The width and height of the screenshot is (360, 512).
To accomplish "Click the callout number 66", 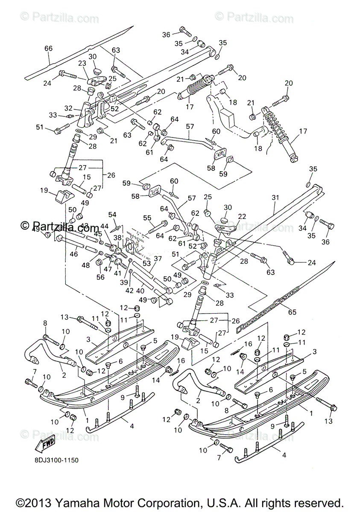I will coord(48,49).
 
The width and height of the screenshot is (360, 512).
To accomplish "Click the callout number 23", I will coord(82,63).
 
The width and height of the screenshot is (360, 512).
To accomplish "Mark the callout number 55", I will coord(148,218).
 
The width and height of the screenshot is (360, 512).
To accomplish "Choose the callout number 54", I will coord(112,214).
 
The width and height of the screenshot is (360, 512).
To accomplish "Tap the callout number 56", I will coord(100,277).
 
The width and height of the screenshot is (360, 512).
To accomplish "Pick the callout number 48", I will coord(85,265).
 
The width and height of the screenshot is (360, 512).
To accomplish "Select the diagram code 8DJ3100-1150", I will coord(54,460).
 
